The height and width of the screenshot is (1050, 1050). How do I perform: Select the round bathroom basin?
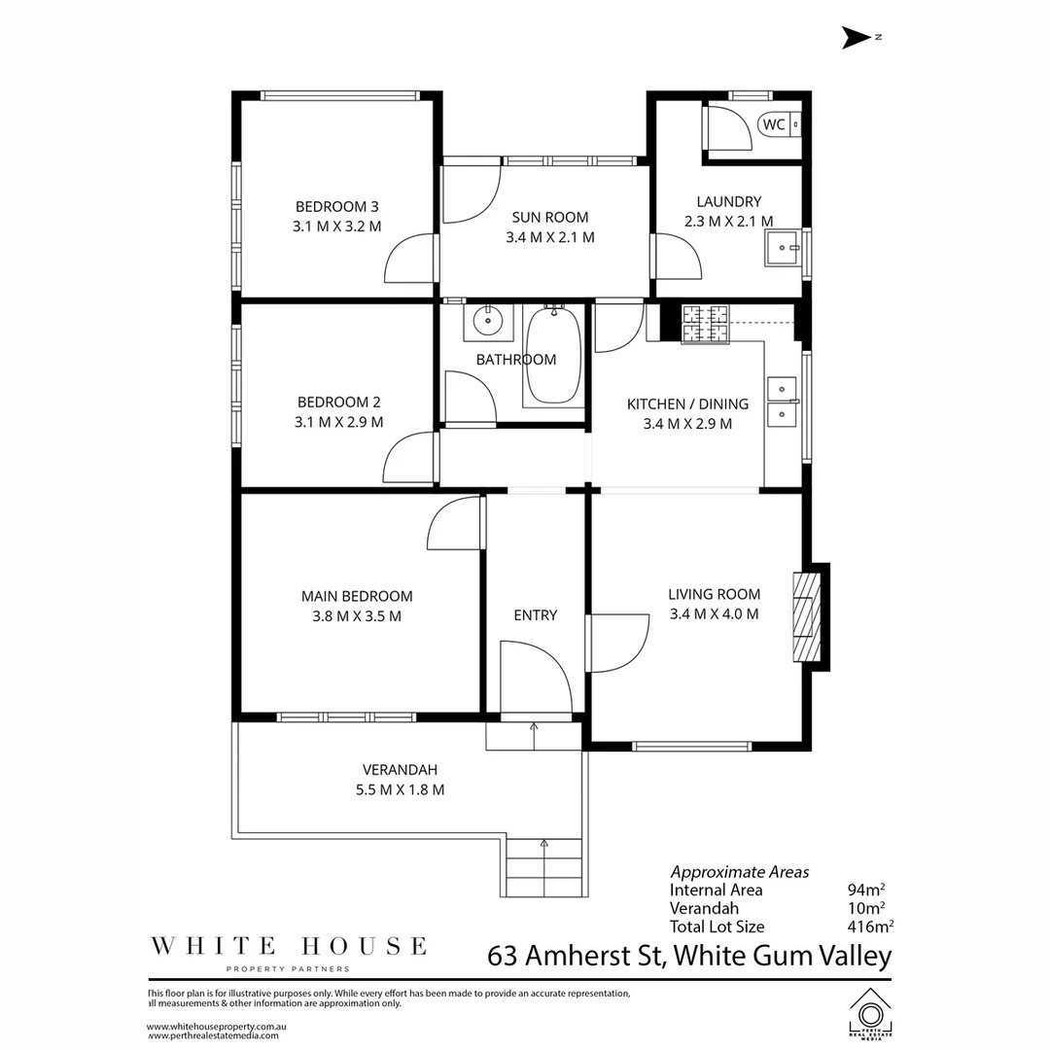click(x=486, y=322)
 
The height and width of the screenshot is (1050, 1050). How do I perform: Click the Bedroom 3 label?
click(x=336, y=206)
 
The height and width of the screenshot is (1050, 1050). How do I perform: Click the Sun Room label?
click(x=550, y=217)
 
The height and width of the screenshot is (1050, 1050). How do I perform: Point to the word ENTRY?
click(x=536, y=614)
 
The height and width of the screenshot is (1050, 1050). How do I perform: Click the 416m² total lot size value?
click(x=870, y=927)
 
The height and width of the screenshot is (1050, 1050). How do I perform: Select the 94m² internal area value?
click(x=865, y=890)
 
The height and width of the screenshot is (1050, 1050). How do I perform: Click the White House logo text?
click(x=287, y=945)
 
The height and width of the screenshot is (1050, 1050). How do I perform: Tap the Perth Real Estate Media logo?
click(x=870, y=1012)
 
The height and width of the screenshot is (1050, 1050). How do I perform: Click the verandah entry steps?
click(x=544, y=867)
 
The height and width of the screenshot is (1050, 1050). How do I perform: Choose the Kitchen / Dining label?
click(x=687, y=403)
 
